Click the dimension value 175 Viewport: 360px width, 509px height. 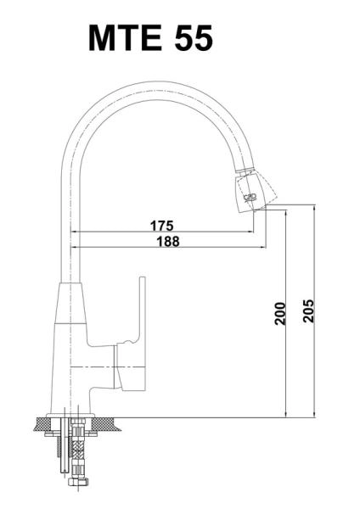[162, 226]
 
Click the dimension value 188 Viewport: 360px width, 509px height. [168, 241]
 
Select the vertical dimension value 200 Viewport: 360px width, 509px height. [279, 313]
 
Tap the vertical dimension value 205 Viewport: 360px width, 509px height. [308, 310]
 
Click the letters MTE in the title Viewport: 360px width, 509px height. [126, 37]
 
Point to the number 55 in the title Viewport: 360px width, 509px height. [194, 38]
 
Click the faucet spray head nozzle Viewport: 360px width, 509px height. [255, 191]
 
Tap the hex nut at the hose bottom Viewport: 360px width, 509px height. [77, 481]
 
